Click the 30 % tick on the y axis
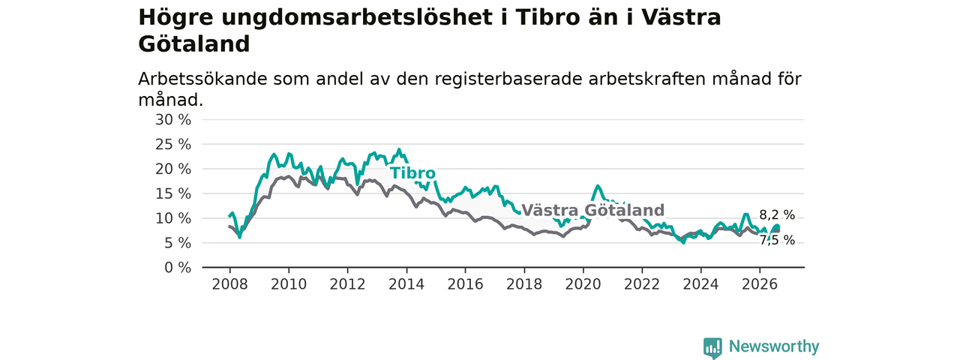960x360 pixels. (173, 120)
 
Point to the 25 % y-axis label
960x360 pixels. (173, 145)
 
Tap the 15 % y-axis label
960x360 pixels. (173, 193)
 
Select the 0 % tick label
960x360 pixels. (178, 268)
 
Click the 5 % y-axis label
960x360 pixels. (178, 243)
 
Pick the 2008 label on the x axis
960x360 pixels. (229, 284)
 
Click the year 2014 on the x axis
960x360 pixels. (406, 284)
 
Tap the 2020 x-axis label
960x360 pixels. (583, 284)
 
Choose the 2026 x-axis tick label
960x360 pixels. (760, 284)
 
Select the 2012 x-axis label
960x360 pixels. (347, 284)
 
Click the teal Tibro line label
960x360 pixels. (412, 173)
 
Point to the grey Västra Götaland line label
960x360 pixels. (592, 211)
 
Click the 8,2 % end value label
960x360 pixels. (777, 215)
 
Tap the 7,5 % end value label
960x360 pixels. (777, 241)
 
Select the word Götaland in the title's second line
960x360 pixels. (194, 44)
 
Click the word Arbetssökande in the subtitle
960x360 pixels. (202, 79)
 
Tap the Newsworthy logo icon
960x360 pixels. (712, 347)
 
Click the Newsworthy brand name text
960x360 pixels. (774, 346)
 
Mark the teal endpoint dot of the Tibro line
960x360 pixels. (777, 227)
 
